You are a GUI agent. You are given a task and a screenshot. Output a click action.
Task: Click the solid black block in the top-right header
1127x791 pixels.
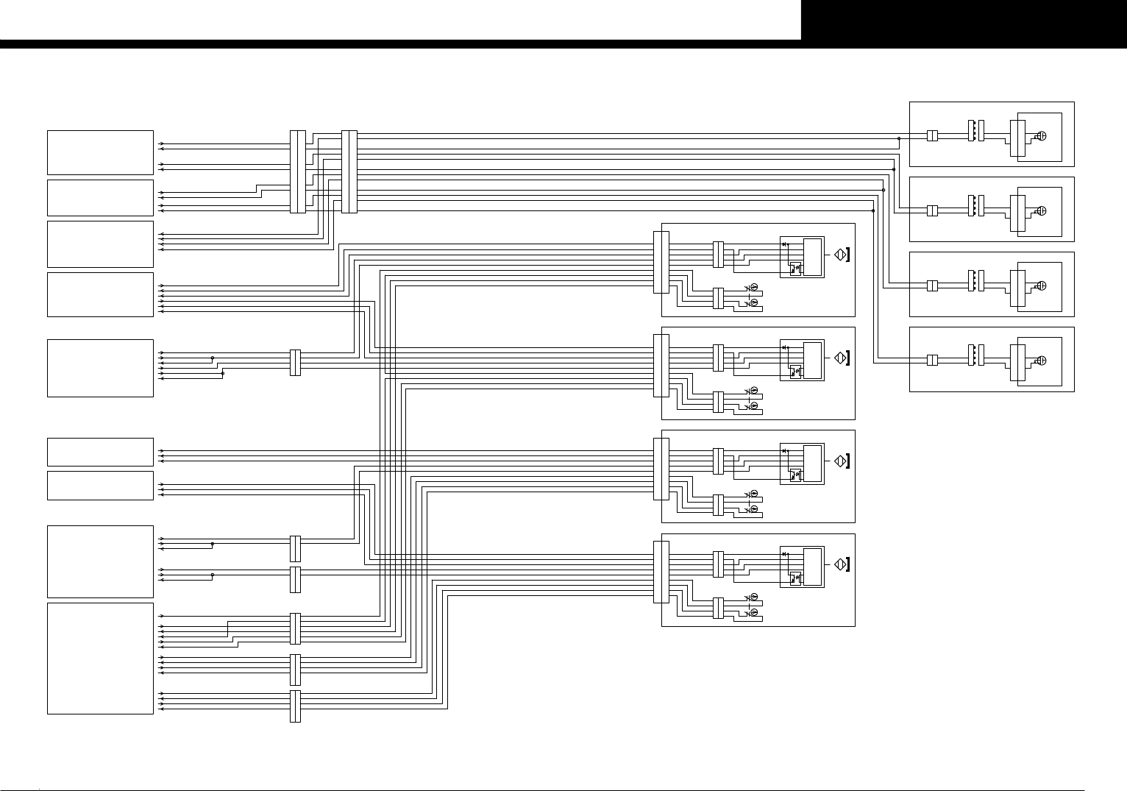[964, 20]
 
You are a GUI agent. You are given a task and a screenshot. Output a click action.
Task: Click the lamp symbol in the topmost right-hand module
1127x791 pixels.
[1042, 136]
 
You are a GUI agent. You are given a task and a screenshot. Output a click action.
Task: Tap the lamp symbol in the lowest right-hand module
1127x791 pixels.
[1042, 361]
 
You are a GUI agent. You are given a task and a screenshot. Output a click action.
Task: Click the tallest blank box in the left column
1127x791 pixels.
[100, 658]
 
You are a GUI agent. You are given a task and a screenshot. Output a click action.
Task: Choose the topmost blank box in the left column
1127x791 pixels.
[100, 152]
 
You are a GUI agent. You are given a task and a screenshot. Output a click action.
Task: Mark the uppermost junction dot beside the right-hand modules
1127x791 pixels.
[899, 138]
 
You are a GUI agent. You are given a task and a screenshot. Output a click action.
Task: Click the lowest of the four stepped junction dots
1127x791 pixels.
[873, 210]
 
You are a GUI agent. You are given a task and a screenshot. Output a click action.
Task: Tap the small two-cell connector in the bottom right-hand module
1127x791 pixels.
[931, 361]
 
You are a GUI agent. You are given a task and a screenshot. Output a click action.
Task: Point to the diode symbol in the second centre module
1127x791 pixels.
[785, 347]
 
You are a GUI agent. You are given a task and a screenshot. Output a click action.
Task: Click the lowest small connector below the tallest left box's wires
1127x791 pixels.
[295, 706]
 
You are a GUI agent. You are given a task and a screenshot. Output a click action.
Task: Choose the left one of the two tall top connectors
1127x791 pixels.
[297, 171]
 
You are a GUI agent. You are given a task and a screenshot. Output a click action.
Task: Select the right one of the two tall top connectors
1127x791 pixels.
[349, 171]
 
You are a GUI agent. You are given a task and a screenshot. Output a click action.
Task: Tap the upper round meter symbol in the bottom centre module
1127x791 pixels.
[753, 597]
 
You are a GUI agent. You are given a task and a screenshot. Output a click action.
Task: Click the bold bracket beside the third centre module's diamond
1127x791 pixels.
[849, 461]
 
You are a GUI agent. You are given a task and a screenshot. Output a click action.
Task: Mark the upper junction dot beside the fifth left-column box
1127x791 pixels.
[213, 358]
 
